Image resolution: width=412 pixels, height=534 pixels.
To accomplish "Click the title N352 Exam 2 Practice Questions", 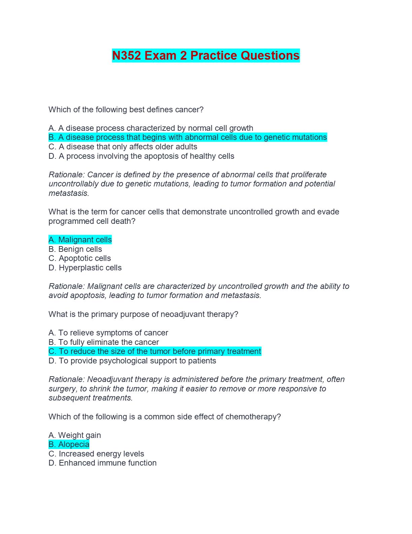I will tap(206, 56).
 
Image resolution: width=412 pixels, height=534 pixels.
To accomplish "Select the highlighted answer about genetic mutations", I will tap(187, 138).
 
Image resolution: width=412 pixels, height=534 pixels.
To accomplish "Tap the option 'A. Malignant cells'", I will tap(80, 240).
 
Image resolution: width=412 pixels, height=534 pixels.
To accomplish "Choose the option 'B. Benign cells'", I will tap(75, 249).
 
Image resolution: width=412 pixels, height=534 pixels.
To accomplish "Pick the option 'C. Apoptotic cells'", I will tap(80, 258).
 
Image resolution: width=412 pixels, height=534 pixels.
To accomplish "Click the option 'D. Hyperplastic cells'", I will tap(85, 268).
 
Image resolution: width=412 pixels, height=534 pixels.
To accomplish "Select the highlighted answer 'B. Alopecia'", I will tap(69, 444).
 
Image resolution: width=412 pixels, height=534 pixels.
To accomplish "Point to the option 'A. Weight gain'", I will tap(75, 435).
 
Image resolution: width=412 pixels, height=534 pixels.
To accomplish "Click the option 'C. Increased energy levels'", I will tap(96, 454).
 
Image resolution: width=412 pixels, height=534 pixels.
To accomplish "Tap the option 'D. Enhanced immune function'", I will tap(102, 463).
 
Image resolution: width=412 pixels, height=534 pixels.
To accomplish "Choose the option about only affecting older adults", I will tap(123, 147).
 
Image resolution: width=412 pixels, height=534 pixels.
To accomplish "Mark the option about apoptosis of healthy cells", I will tap(141, 156).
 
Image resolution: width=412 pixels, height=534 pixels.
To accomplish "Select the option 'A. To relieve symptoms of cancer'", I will tap(108, 333).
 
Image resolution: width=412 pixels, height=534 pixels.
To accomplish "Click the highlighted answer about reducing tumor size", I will tap(155, 351).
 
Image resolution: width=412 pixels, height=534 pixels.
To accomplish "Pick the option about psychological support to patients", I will tap(132, 361).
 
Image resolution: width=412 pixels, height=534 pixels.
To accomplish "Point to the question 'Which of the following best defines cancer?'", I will tap(126, 110).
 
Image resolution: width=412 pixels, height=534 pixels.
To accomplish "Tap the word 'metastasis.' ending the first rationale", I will tap(69, 193).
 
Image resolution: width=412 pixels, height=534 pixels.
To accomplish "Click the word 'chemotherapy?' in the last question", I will tap(253, 417).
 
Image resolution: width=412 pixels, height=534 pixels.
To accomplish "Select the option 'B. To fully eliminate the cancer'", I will tap(104, 342).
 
